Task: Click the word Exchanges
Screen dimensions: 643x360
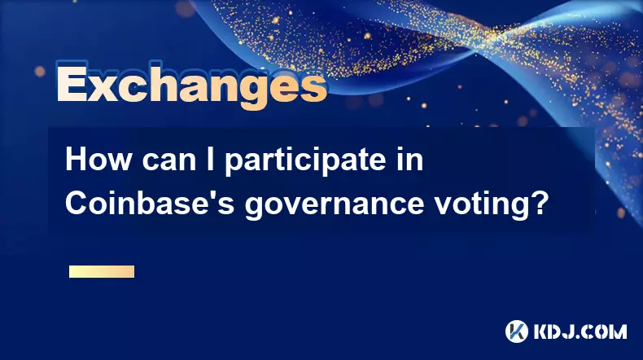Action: [191, 86]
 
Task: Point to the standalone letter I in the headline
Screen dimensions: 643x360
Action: [210, 160]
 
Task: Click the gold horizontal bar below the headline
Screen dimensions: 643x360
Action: [102, 271]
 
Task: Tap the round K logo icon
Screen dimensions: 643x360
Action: [517, 331]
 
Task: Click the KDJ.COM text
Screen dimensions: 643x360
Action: [580, 331]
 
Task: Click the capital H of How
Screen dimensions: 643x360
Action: [76, 160]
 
